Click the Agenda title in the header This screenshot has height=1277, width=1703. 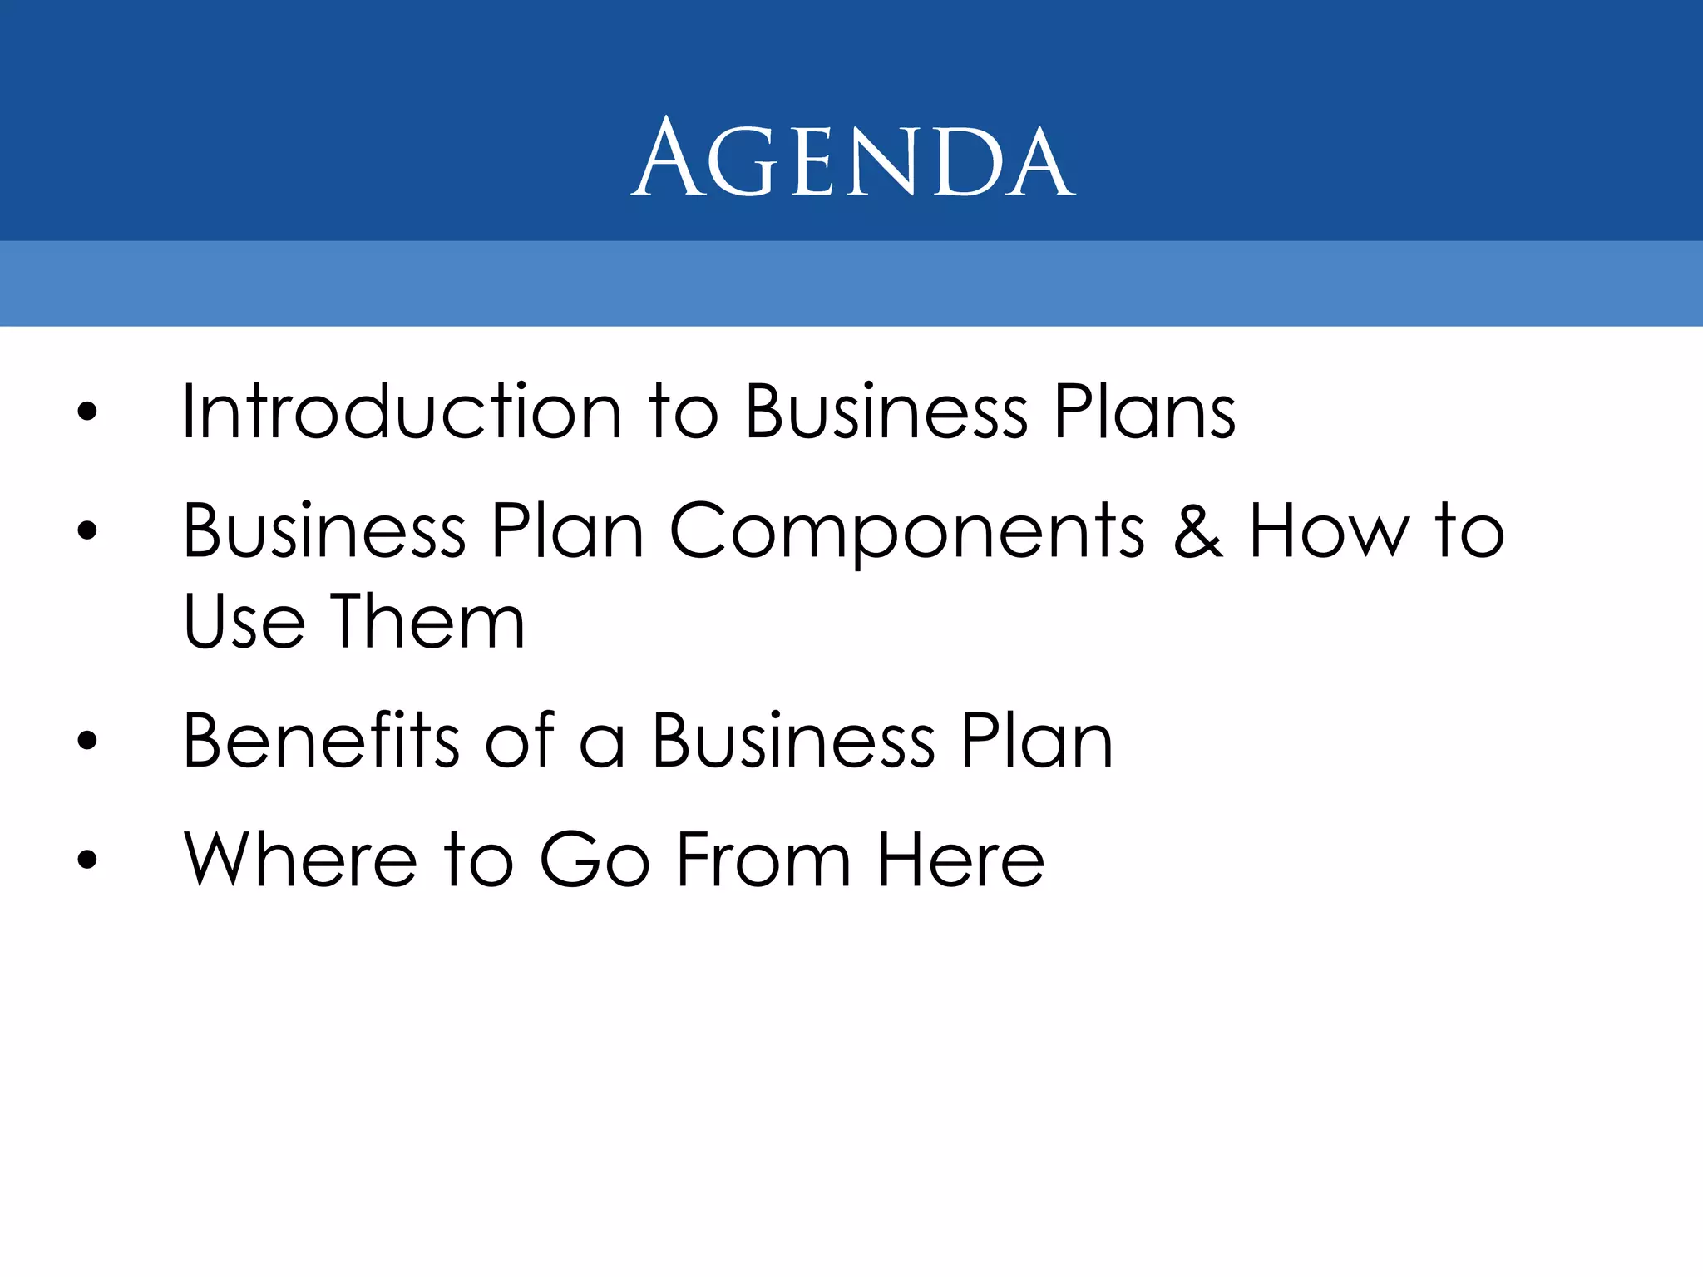[853, 158]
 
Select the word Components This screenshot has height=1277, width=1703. [907, 532]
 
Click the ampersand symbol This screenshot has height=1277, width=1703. [1197, 532]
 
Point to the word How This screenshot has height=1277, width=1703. [1329, 532]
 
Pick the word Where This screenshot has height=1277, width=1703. [300, 860]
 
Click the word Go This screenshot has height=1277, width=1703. [595, 860]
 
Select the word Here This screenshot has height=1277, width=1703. [961, 860]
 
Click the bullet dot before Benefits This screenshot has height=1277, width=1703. [87, 741]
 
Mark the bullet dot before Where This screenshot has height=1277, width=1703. [87, 860]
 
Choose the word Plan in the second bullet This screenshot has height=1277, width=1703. [567, 532]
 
